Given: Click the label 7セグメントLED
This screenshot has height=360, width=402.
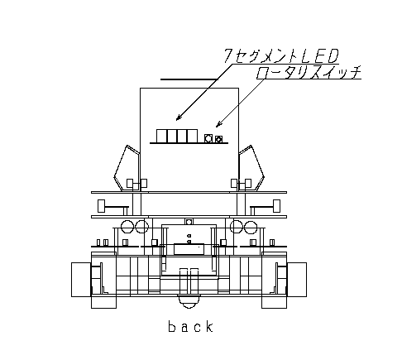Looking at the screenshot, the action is click(x=280, y=56).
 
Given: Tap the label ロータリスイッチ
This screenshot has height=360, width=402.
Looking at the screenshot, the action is click(x=309, y=72).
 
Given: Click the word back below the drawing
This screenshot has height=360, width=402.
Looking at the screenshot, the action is click(x=191, y=326).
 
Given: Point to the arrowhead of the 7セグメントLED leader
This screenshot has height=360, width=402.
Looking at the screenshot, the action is click(x=179, y=118).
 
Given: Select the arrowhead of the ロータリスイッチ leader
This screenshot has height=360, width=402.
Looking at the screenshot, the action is click(x=218, y=124).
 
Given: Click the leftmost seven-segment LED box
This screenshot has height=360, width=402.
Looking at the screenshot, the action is click(x=162, y=136).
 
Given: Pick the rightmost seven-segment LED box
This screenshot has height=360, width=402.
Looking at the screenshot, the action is click(x=193, y=136).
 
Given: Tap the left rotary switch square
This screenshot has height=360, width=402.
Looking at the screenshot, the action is click(x=208, y=138).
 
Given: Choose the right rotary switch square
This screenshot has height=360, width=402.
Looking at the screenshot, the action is click(x=218, y=139).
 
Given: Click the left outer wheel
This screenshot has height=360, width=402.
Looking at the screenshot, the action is click(x=81, y=280).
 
